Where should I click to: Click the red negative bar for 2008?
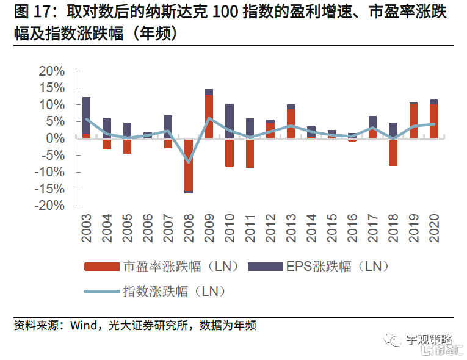click(x=189, y=165)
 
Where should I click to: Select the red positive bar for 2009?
click(x=209, y=116)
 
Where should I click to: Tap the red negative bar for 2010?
click(x=230, y=152)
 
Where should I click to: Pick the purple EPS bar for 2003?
click(x=87, y=115)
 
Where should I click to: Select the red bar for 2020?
click(x=434, y=121)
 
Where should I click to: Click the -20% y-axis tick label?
click(x=50, y=206)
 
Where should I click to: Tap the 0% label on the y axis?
click(x=56, y=139)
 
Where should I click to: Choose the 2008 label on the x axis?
click(x=189, y=228)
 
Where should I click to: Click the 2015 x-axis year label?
click(x=331, y=228)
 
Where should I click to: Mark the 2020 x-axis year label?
click(x=434, y=228)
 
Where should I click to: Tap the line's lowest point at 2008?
click(x=189, y=162)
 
